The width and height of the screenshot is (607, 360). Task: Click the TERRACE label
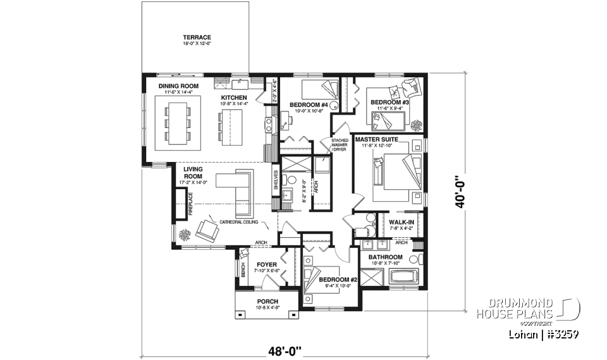point(197,37)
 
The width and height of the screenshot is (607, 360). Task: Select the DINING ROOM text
point(178,86)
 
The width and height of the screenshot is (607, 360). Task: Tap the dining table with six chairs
point(178,122)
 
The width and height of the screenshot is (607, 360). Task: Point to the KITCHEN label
point(233,97)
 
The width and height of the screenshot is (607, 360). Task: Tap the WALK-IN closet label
point(402,222)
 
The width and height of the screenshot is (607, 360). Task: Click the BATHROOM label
point(386,257)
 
